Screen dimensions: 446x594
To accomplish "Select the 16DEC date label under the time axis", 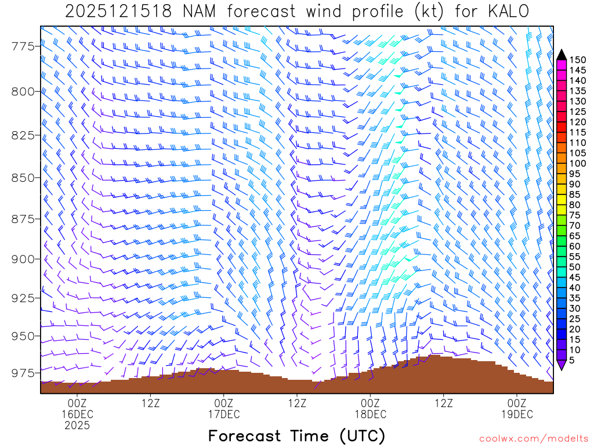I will click(x=77, y=414).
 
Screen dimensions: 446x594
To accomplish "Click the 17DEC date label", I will click(x=223, y=414).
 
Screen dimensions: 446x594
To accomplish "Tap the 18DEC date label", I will click(x=370, y=414).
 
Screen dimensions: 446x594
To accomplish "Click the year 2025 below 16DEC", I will click(x=77, y=426).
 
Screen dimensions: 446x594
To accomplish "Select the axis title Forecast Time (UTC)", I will click(x=296, y=436).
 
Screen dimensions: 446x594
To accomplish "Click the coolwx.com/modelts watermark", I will click(x=534, y=438).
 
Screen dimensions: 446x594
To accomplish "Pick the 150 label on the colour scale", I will click(x=577, y=59).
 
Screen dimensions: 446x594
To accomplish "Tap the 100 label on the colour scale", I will click(x=577, y=163).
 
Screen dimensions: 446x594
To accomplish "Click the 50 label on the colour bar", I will click(x=575, y=267).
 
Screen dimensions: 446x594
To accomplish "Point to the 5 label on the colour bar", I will click(x=572, y=360).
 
